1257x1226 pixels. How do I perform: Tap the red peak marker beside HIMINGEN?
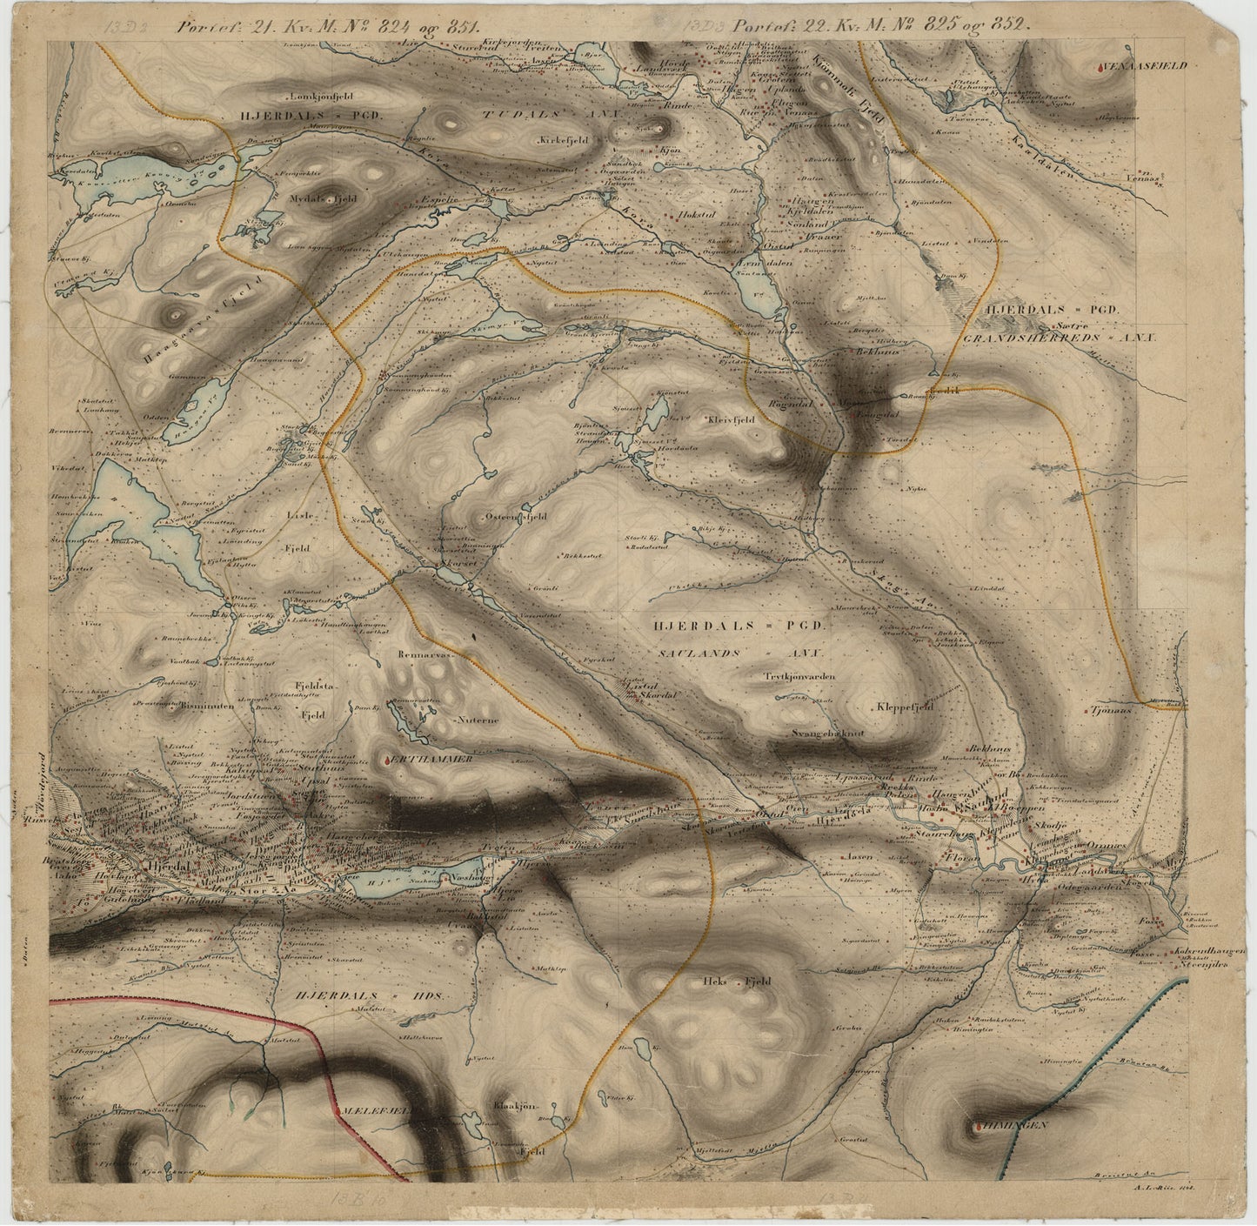pos(978,1129)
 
